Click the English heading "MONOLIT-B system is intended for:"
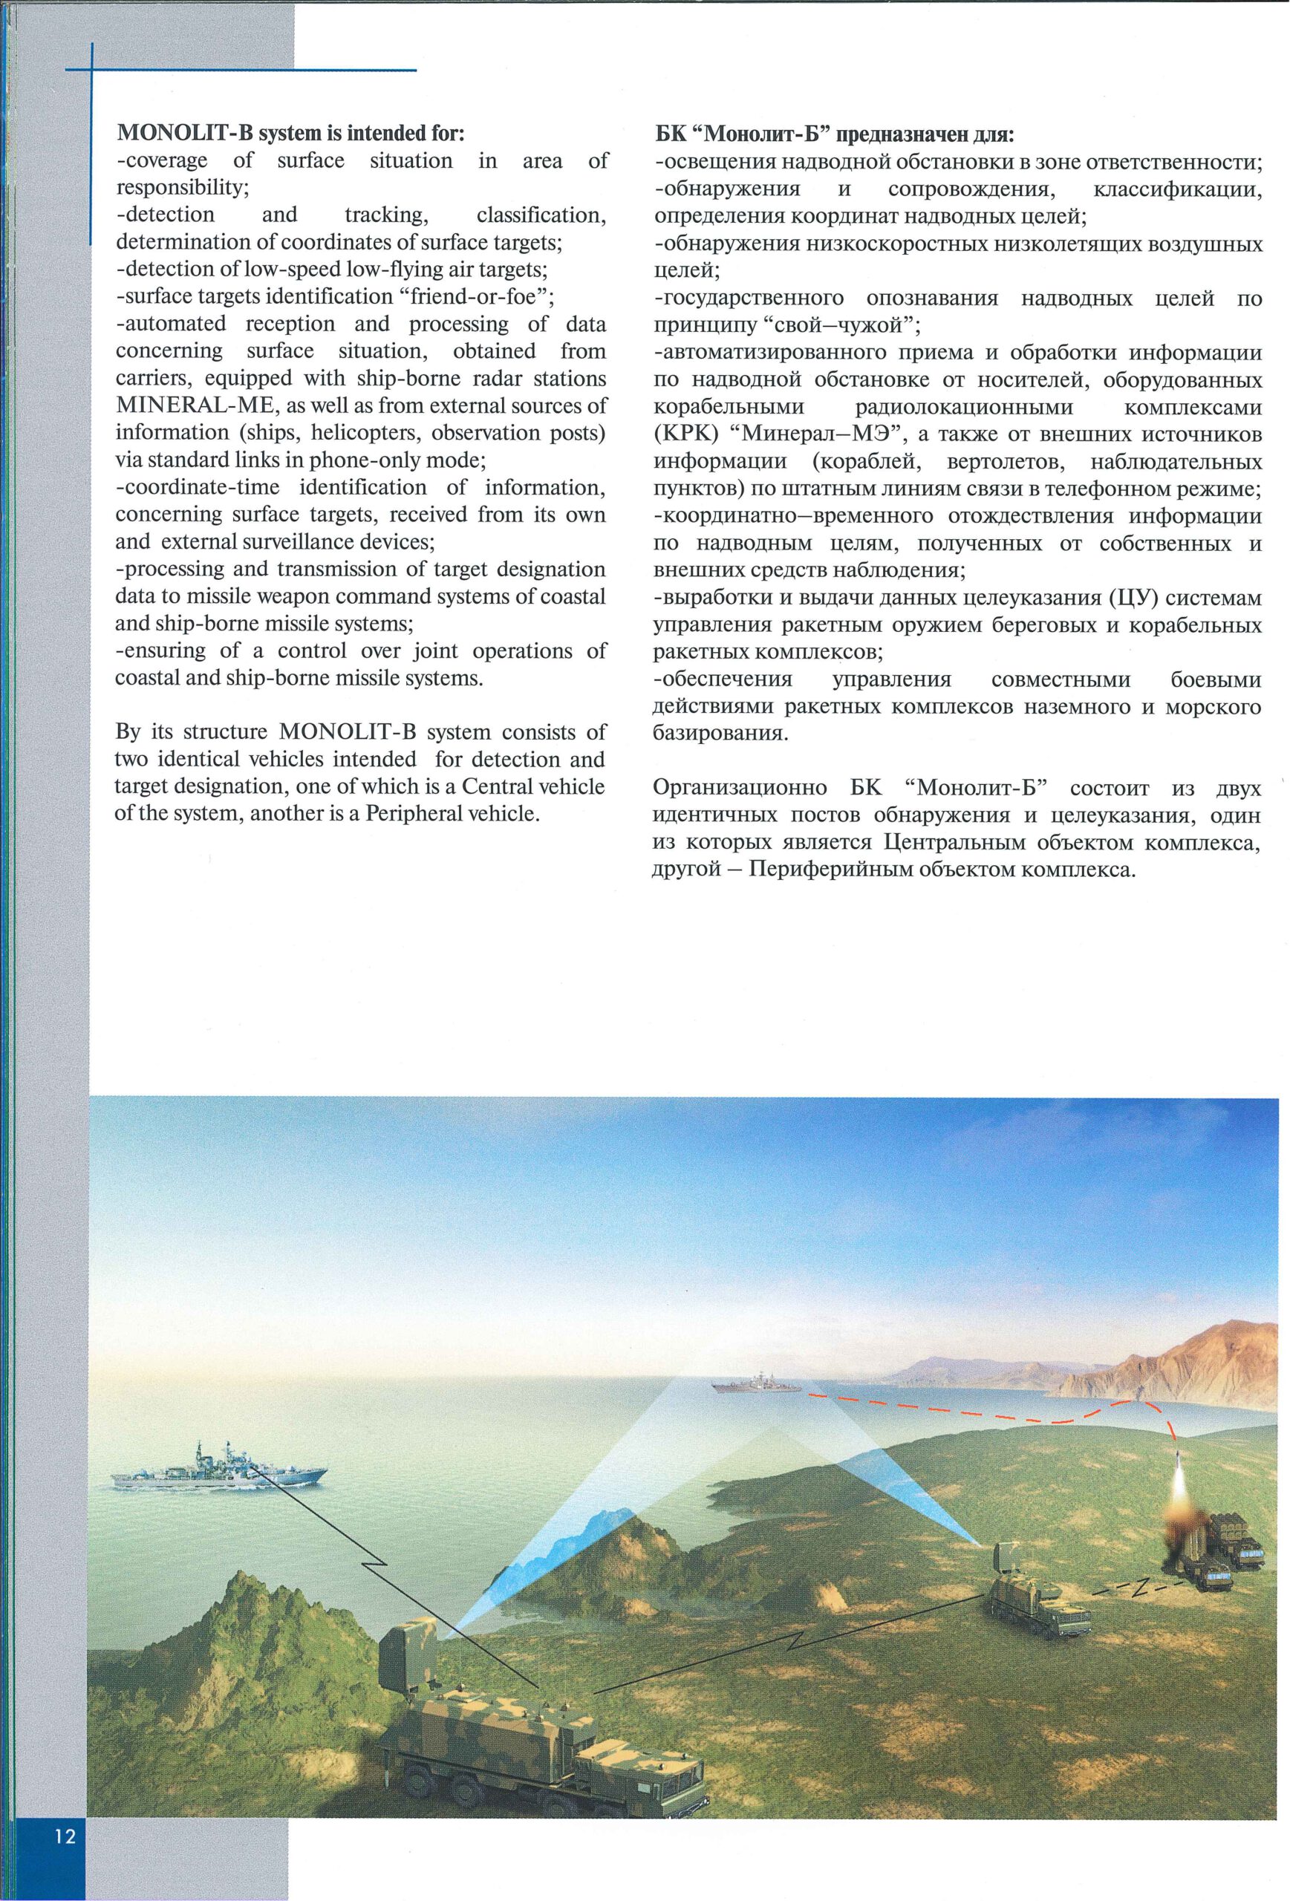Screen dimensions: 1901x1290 tap(291, 132)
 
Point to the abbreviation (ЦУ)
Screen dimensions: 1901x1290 tap(1133, 598)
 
